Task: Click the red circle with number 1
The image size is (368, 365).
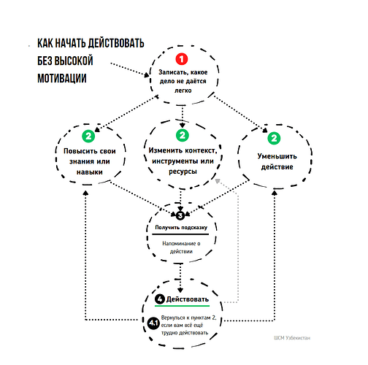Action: click(x=182, y=59)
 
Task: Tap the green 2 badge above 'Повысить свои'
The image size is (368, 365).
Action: click(x=88, y=136)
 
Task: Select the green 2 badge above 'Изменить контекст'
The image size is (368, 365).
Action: click(x=183, y=135)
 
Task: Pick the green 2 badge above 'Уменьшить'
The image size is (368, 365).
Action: click(x=274, y=138)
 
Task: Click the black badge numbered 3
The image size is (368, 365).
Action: click(x=180, y=215)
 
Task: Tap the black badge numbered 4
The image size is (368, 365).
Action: click(x=160, y=299)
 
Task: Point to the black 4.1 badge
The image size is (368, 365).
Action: click(x=153, y=323)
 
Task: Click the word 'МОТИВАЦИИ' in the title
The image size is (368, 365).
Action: click(x=62, y=78)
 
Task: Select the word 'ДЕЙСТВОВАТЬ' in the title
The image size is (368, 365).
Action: click(x=116, y=43)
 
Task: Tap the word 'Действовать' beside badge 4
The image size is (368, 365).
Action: click(x=188, y=299)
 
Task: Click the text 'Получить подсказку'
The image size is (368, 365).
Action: click(x=181, y=228)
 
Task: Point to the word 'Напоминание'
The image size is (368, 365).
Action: click(x=179, y=243)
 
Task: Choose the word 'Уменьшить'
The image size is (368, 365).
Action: click(x=277, y=156)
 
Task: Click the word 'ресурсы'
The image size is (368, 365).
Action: click(x=183, y=172)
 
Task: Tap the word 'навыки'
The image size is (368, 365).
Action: click(x=90, y=172)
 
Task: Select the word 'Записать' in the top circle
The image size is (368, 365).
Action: click(x=173, y=72)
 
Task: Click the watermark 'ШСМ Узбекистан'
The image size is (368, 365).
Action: click(x=292, y=338)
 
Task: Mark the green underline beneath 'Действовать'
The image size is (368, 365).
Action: click(x=182, y=306)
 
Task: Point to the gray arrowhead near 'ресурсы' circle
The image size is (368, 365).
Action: click(x=218, y=181)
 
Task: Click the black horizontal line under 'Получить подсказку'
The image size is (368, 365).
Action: click(x=180, y=234)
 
